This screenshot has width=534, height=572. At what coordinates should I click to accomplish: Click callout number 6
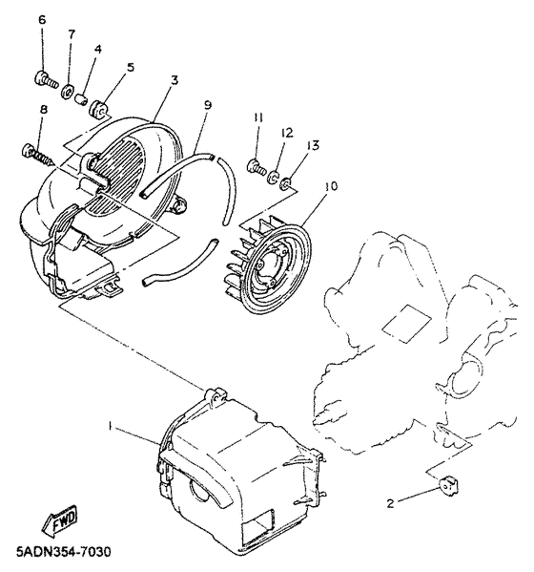pyautogui.click(x=41, y=20)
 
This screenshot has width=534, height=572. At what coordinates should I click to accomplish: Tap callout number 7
pyautogui.click(x=71, y=34)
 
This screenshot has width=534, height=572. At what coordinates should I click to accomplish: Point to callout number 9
pyautogui.click(x=207, y=103)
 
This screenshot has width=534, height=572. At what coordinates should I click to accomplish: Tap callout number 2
pyautogui.click(x=391, y=501)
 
